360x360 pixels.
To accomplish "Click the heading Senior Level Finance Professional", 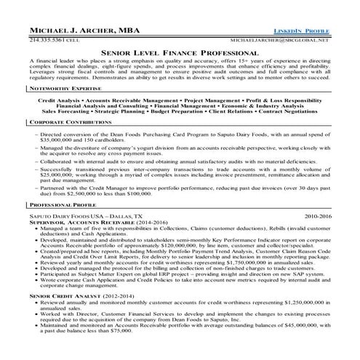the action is (x=180, y=34).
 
